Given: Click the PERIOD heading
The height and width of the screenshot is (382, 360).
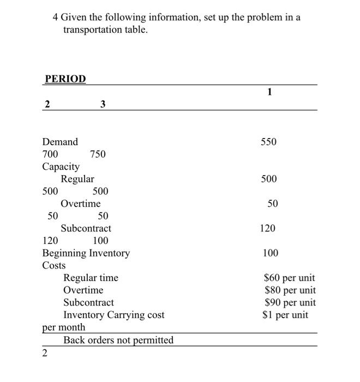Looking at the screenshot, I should click(x=65, y=79).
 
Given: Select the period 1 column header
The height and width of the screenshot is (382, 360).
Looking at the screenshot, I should click(x=269, y=92).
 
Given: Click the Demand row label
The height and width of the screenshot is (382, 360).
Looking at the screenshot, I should click(x=60, y=142).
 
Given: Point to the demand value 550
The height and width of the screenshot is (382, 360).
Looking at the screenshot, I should click(x=268, y=142).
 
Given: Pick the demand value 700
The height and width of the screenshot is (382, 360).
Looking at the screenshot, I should click(x=51, y=154).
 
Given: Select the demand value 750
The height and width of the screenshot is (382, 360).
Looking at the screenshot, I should click(x=98, y=154).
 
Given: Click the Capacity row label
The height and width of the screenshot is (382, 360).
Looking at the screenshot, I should click(x=61, y=166).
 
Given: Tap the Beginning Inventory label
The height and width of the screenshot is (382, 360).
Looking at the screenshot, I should click(x=86, y=253).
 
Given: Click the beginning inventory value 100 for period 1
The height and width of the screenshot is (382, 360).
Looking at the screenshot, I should click(x=270, y=253).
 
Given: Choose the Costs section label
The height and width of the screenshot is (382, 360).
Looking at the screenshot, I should click(x=54, y=265).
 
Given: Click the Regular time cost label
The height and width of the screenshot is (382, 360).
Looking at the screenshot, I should click(x=91, y=278).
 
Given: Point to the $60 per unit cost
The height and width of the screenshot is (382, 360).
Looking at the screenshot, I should click(x=290, y=278).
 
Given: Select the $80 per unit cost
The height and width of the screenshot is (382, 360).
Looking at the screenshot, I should click(x=290, y=290).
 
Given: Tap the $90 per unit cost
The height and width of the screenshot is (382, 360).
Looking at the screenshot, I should click(x=290, y=302).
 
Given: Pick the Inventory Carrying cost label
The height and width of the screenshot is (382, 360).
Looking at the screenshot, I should click(x=113, y=315).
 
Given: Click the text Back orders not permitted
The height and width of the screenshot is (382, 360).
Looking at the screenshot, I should click(x=118, y=340).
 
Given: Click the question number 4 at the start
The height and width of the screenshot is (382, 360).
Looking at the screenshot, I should click(x=56, y=17).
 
